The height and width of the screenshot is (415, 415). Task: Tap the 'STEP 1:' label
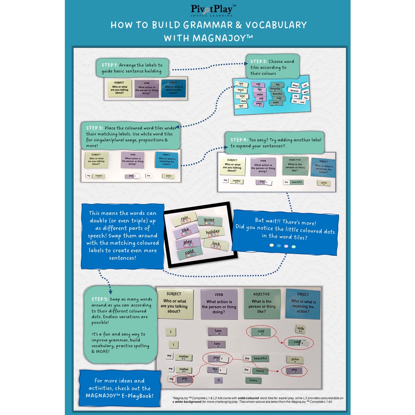[109, 65]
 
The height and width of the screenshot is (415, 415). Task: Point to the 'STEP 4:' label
[239, 140]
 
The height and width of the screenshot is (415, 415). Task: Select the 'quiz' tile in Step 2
[241, 83]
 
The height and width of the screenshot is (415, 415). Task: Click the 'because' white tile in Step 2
[294, 91]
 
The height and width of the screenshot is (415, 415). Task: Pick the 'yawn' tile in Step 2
[259, 104]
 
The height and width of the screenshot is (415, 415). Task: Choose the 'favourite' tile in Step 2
[276, 89]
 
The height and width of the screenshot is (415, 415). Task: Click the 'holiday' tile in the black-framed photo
[212, 233]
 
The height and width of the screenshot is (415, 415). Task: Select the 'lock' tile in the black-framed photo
[216, 244]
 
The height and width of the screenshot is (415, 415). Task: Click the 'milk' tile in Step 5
[300, 329]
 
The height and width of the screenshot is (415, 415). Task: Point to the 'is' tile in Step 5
[218, 380]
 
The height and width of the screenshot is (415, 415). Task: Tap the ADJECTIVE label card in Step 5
[262, 304]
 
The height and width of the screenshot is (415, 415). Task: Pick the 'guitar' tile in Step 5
[295, 359]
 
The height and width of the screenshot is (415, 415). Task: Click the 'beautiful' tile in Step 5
[260, 358]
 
